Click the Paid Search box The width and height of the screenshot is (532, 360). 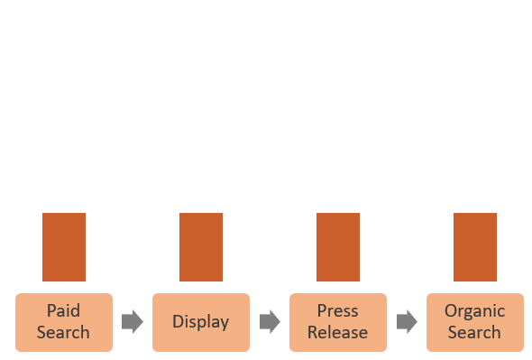(x=63, y=322)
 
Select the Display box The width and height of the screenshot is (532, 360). (x=200, y=322)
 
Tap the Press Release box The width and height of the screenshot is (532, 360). (x=337, y=322)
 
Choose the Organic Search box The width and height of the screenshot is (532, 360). (x=474, y=322)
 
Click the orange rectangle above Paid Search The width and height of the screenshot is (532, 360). (x=64, y=247)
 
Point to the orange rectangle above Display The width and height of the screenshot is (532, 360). (x=201, y=247)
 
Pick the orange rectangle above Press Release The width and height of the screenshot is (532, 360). (x=338, y=247)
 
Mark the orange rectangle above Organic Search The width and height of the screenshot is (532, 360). (x=475, y=247)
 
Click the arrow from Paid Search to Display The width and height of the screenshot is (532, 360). (x=133, y=322)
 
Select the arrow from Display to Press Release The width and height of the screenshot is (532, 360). (x=270, y=322)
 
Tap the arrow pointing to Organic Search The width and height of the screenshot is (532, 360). (x=407, y=322)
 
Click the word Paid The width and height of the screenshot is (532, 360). (x=63, y=311)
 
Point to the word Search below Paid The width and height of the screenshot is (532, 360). (x=63, y=332)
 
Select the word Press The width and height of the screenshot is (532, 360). (x=337, y=311)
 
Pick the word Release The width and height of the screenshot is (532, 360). (x=337, y=332)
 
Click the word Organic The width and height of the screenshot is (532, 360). (x=474, y=311)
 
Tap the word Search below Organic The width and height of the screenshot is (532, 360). (x=474, y=332)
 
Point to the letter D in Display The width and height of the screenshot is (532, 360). (x=178, y=322)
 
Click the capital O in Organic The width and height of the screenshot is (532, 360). (x=451, y=311)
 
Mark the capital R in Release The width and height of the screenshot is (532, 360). (x=312, y=332)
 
